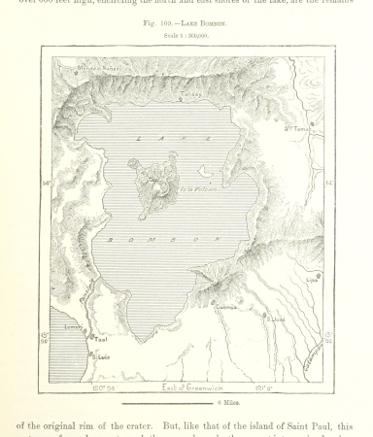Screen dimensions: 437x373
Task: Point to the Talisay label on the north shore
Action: click(191, 94)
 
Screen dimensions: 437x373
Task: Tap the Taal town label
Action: click(99, 339)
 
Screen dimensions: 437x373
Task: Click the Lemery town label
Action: click(73, 329)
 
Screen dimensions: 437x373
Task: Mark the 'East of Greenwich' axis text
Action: click(193, 387)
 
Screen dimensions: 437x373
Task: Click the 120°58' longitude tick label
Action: click(103, 387)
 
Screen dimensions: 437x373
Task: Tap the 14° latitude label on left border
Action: click(45, 182)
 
